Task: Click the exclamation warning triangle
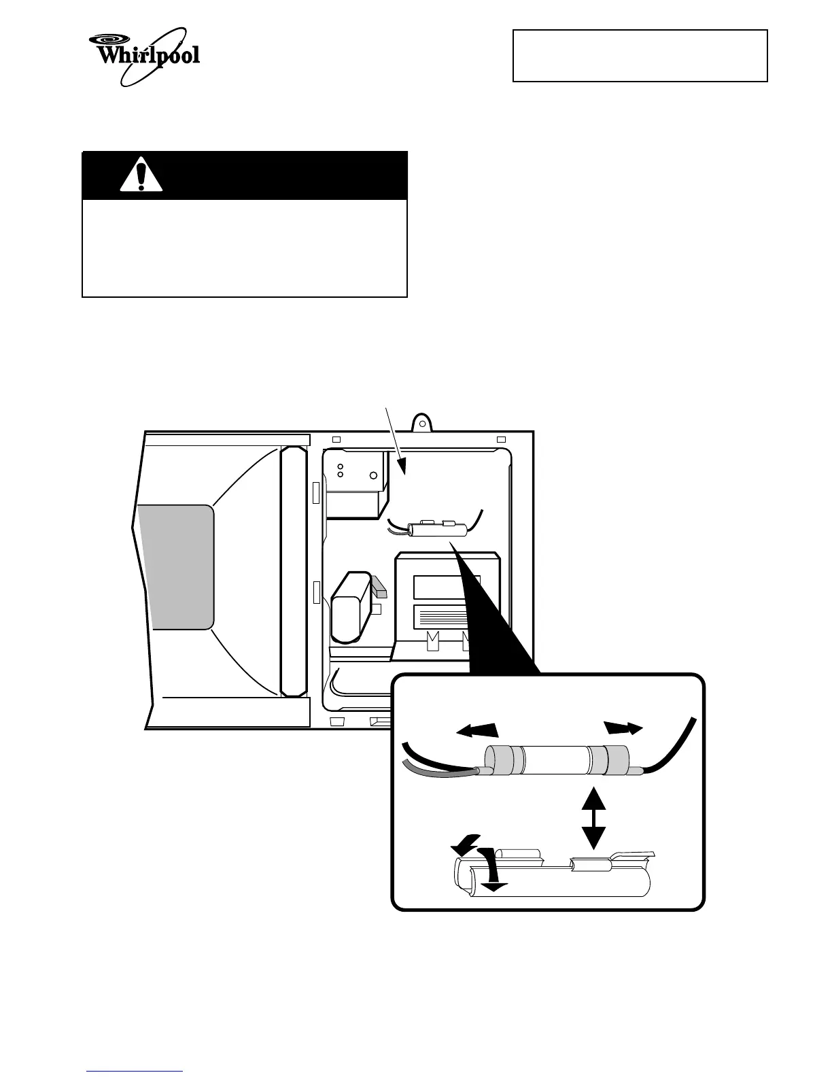coord(141,175)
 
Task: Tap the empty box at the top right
coord(640,56)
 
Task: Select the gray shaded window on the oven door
coord(176,566)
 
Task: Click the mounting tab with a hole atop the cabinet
coord(423,424)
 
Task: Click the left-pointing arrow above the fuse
coord(477,730)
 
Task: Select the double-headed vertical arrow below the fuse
coord(594,818)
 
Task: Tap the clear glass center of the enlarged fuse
coord(555,759)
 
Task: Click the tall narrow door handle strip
coord(294,570)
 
